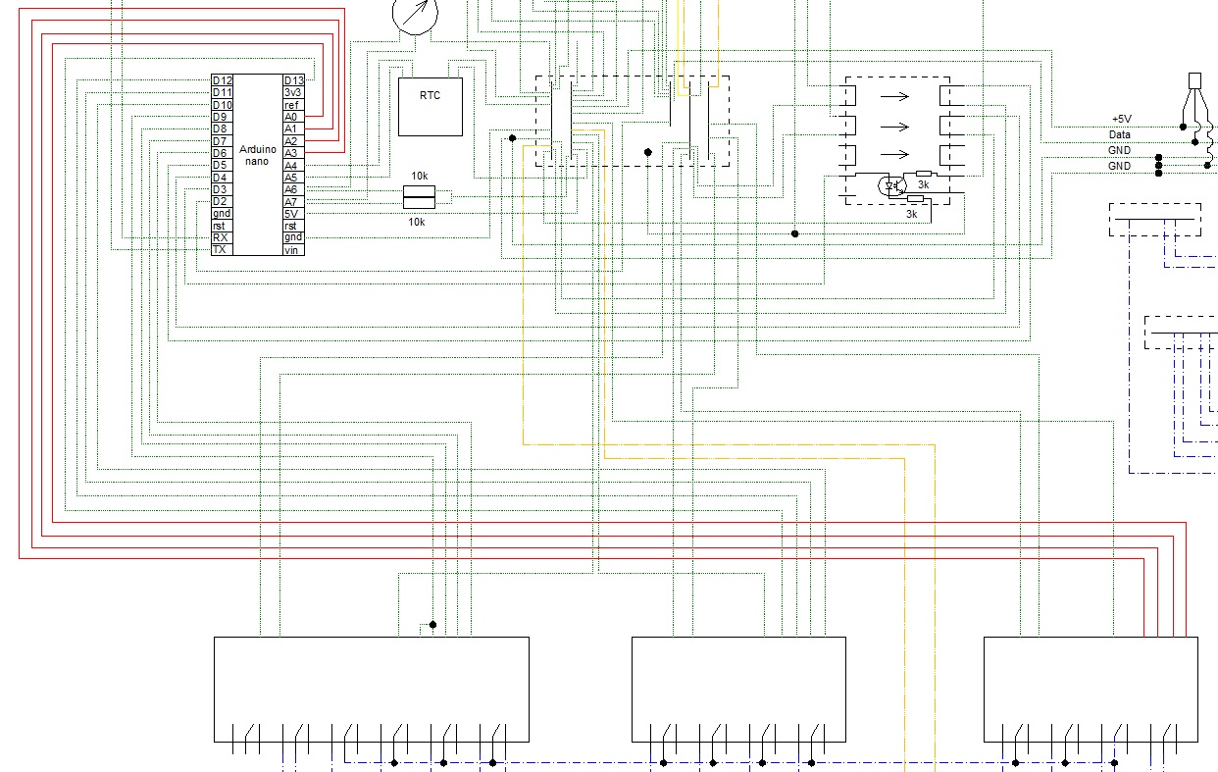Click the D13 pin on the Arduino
(x=293, y=80)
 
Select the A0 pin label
(x=291, y=117)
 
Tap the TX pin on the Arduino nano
(x=220, y=250)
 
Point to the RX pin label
(x=221, y=237)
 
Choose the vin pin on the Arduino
(x=291, y=250)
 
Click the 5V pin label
(x=291, y=214)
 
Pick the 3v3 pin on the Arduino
(x=292, y=92)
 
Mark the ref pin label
(x=291, y=105)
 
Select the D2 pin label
(x=220, y=201)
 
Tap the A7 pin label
(x=291, y=202)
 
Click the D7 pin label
(x=220, y=141)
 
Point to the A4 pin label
(x=291, y=166)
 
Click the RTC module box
(x=431, y=107)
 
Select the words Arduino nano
(x=257, y=155)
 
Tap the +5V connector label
(x=1121, y=119)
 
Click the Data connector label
(x=1120, y=134)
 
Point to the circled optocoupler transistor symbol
(x=892, y=186)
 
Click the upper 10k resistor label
(x=419, y=176)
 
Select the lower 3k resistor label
(x=912, y=215)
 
